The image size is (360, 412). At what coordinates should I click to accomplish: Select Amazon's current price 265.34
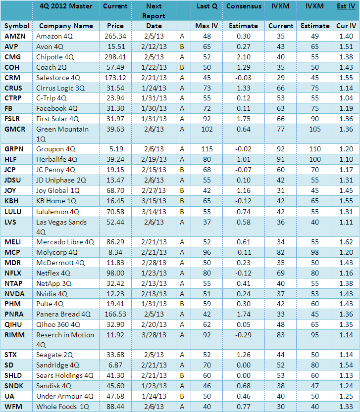click(x=115, y=36)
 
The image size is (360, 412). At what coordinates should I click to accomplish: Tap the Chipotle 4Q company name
click(x=56, y=57)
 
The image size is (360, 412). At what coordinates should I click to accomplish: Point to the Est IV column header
click(x=346, y=6)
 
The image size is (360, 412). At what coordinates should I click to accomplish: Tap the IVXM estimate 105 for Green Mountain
click(x=315, y=129)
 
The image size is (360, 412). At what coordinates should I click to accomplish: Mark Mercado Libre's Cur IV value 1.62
click(x=346, y=242)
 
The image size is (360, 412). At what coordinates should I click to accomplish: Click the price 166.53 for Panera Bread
click(x=115, y=314)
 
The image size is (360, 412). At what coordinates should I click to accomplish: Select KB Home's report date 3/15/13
click(x=154, y=201)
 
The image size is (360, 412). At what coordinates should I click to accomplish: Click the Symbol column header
click(x=17, y=26)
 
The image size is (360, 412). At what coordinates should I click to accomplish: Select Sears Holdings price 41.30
click(x=115, y=375)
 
